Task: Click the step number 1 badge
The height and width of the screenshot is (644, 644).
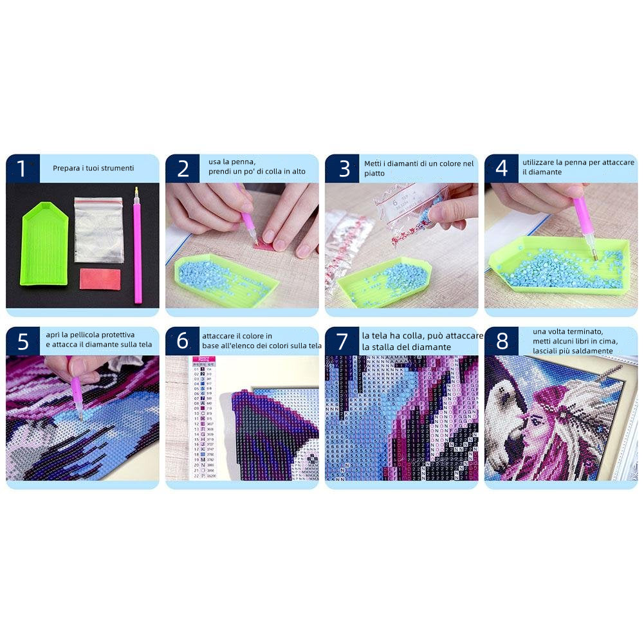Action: [x=22, y=169]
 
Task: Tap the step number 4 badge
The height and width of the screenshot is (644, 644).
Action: [x=501, y=169]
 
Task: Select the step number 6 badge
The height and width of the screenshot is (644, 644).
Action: [x=182, y=341]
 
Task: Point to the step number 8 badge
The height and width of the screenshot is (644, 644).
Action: [x=501, y=341]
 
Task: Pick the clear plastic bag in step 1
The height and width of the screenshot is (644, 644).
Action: [x=98, y=229]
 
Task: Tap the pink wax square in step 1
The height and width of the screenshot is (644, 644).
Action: [x=100, y=279]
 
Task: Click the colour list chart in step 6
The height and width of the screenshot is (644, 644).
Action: [x=202, y=418]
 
